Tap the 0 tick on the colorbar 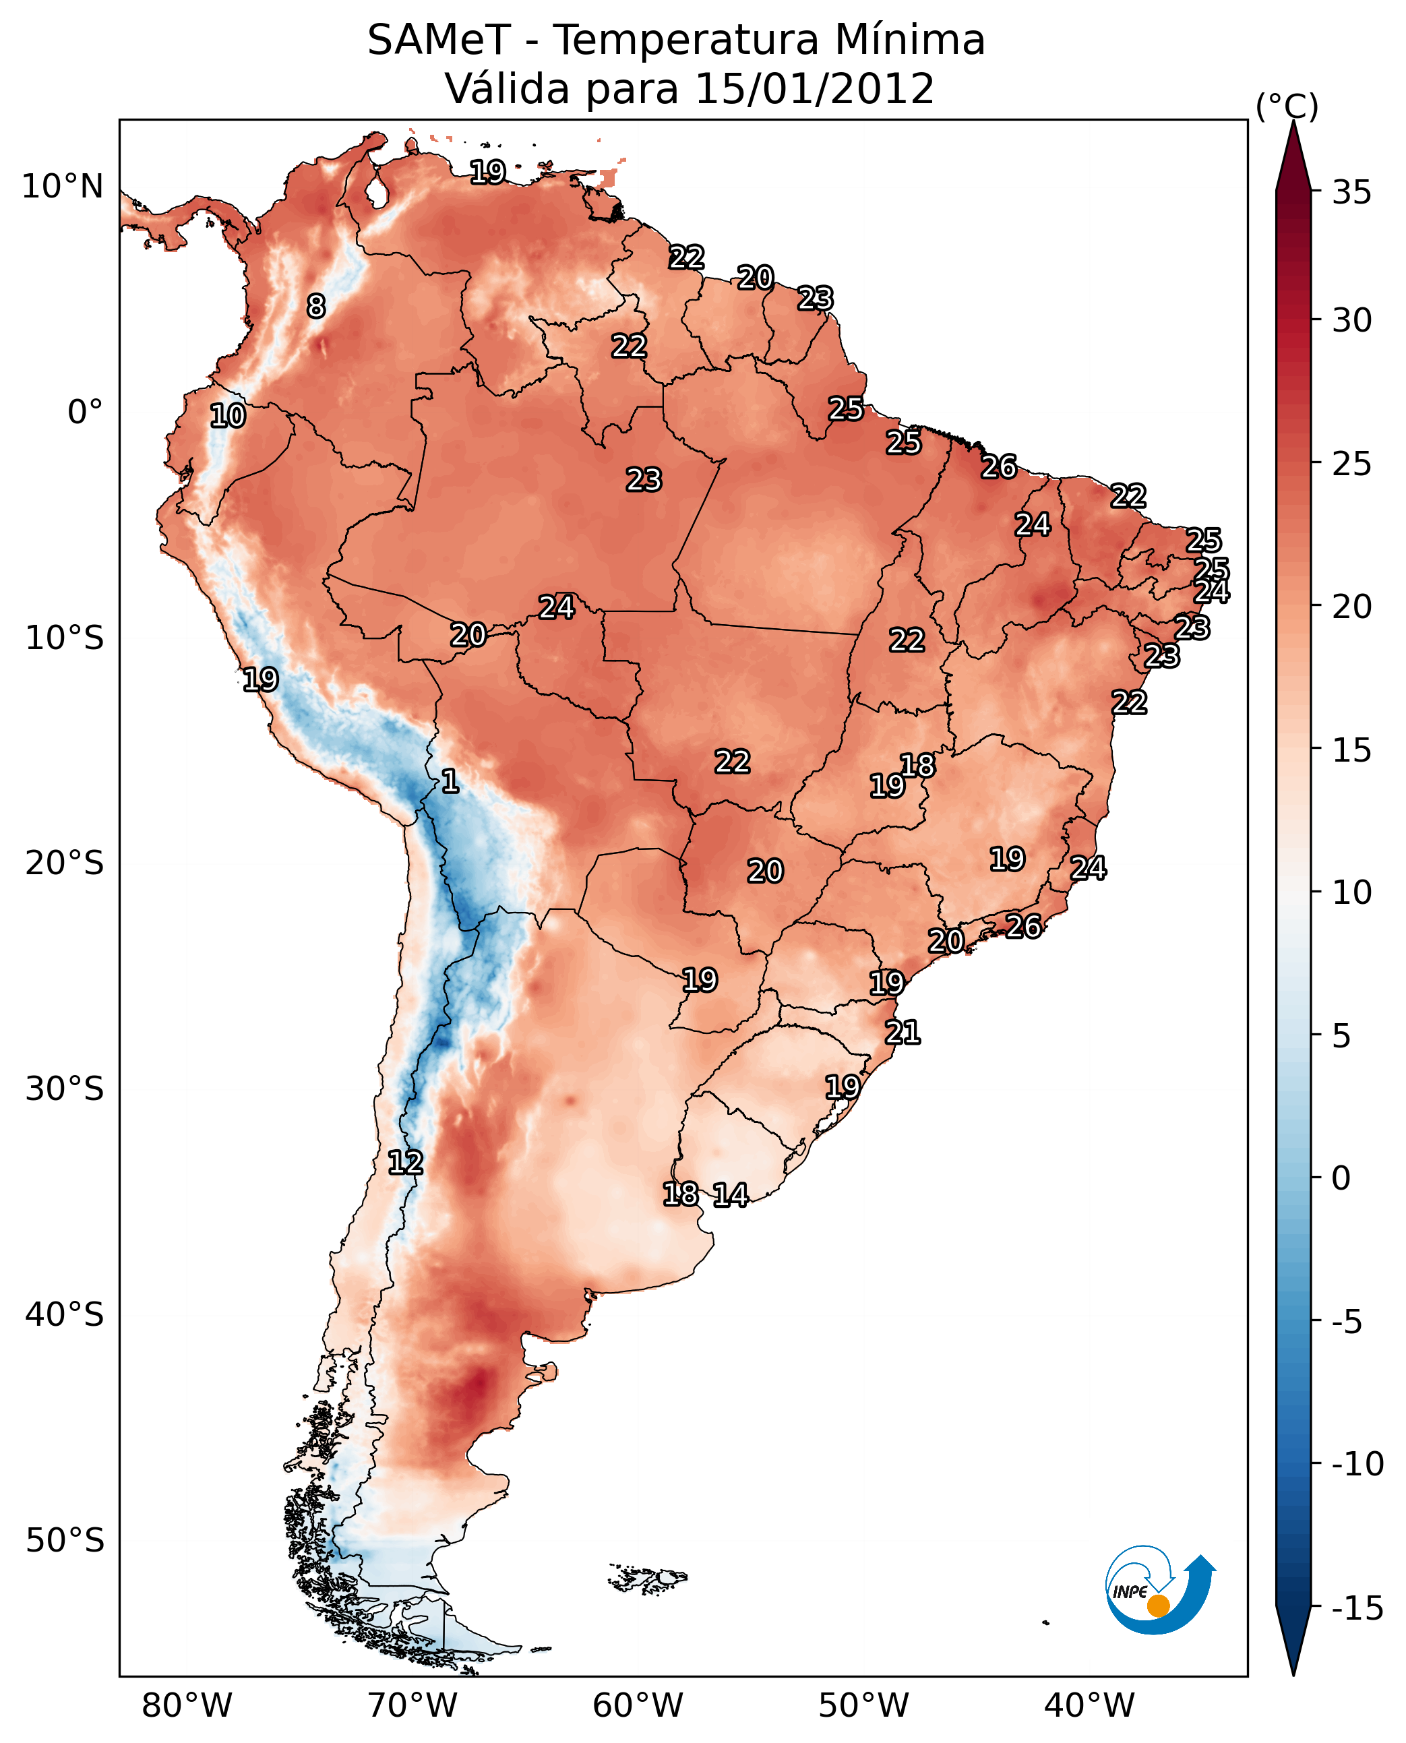[1341, 1178]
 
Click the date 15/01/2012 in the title [815, 89]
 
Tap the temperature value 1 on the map [450, 782]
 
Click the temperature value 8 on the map [316, 306]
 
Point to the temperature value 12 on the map [405, 1163]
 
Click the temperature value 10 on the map [228, 417]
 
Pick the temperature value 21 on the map [903, 1033]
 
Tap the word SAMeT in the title [438, 40]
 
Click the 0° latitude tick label [85, 412]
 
